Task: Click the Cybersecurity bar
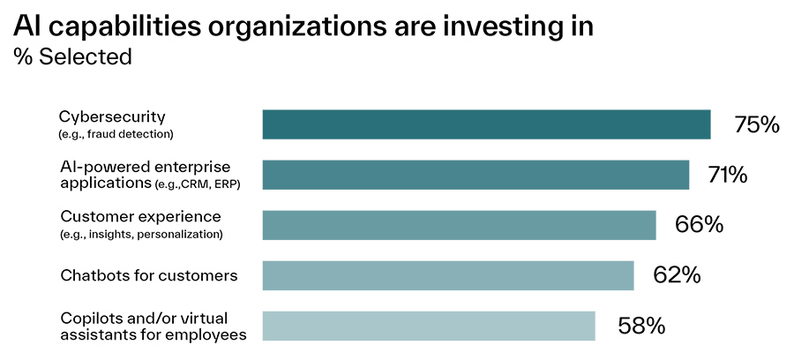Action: tap(486, 124)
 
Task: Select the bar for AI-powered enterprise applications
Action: tap(476, 175)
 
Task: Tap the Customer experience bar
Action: tap(459, 225)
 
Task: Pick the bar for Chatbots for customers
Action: tap(448, 275)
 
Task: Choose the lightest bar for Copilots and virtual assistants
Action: tap(429, 326)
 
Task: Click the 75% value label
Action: tap(756, 124)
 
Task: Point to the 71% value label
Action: tap(727, 175)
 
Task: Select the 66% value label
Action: tap(699, 225)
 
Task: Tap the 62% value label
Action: tap(677, 275)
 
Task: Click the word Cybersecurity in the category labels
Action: tap(112, 117)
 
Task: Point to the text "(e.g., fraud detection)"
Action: tap(116, 134)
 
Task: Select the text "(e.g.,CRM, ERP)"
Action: tap(198, 184)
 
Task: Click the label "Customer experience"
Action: tap(128, 216)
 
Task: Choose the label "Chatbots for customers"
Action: tap(148, 275)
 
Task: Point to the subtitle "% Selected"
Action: tap(72, 56)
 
